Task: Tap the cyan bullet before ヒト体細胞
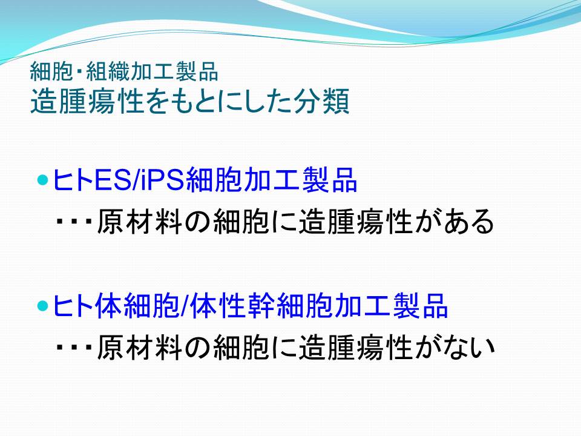click(x=44, y=306)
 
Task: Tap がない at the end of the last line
click(x=455, y=347)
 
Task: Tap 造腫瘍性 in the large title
click(x=87, y=101)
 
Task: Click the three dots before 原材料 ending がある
click(x=74, y=222)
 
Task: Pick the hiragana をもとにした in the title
click(x=218, y=101)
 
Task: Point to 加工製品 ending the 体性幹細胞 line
click(x=391, y=306)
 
